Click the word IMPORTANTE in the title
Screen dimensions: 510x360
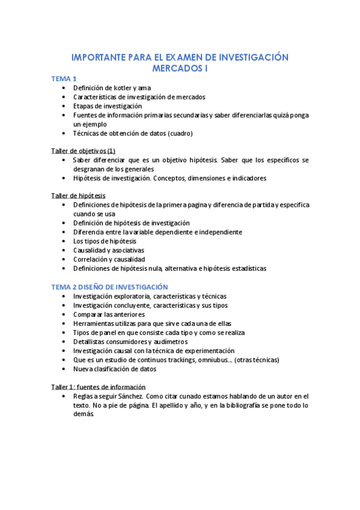[x=99, y=58]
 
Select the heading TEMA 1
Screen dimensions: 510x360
[x=64, y=79]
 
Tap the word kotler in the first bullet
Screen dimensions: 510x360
[x=117, y=88]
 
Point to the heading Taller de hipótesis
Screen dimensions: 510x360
[x=78, y=195]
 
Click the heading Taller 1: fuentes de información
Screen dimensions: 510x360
[x=99, y=387]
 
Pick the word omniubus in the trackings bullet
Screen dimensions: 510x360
[x=214, y=360]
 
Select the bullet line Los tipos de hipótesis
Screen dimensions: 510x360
[x=105, y=241]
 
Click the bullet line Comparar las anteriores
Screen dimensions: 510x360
[x=109, y=315]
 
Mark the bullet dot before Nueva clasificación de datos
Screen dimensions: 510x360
[x=64, y=369]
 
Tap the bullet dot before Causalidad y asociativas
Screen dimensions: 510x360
[x=64, y=250]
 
